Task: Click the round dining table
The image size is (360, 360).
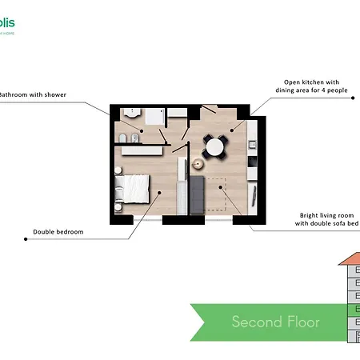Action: [x=214, y=146]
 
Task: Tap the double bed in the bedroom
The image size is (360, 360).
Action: [x=134, y=190]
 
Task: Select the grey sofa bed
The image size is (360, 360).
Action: [x=198, y=195]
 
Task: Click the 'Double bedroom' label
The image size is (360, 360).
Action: [x=58, y=232]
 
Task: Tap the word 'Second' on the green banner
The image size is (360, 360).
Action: [x=253, y=322]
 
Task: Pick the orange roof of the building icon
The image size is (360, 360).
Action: [x=350, y=260]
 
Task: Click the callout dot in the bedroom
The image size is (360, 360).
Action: [x=160, y=192]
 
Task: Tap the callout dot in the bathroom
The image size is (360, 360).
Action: [x=143, y=130]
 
